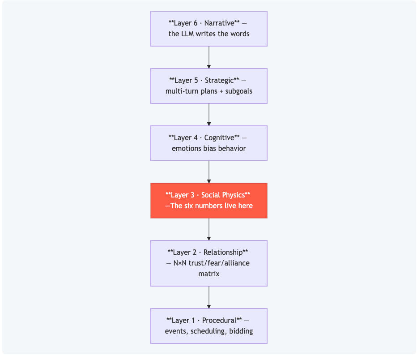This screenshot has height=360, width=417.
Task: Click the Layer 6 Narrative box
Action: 209,29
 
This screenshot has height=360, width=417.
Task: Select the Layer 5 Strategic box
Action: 209,86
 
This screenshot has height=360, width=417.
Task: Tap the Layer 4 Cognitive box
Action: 209,143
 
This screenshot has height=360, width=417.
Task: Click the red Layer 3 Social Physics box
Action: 209,201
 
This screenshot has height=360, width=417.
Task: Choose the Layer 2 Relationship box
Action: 209,263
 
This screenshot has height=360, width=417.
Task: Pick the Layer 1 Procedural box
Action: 209,326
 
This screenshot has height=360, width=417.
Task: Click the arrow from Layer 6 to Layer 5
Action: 209,57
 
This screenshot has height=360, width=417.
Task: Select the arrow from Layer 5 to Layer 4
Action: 209,115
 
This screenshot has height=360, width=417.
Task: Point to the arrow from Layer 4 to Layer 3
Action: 209,172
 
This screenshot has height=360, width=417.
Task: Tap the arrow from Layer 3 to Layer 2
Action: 209,229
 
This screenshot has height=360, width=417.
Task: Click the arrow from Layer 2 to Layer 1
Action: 209,297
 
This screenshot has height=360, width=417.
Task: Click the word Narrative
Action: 220,23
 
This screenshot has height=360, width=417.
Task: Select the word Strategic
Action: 219,80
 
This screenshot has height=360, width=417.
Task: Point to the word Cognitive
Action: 219,138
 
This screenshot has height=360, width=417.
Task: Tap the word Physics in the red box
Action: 234,195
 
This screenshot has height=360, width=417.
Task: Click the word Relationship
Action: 223,252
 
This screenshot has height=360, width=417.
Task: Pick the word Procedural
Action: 220,320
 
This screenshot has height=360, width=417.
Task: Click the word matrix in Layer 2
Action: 209,274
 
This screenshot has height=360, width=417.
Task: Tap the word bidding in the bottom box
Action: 241,331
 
